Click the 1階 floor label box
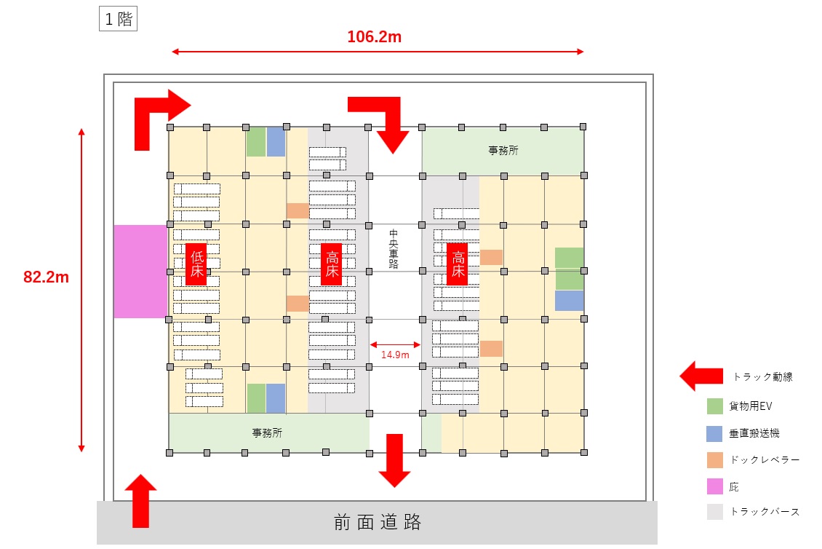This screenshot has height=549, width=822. pos(118,19)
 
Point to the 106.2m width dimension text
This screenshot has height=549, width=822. pos(374,37)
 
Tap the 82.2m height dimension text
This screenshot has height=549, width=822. pos(46,277)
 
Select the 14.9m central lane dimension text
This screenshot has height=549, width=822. pos(395,355)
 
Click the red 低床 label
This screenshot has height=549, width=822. pos(197,264)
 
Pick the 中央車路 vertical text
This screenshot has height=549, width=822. pos(394,250)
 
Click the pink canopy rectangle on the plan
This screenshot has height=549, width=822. pos(140,272)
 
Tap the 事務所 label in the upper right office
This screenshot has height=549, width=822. pos(503,151)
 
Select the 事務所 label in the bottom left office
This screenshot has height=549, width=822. pos(267,433)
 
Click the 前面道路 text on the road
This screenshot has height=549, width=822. pos(378,522)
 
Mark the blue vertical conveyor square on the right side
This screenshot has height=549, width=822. pos(569,301)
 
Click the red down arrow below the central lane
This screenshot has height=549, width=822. pos(395,459)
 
